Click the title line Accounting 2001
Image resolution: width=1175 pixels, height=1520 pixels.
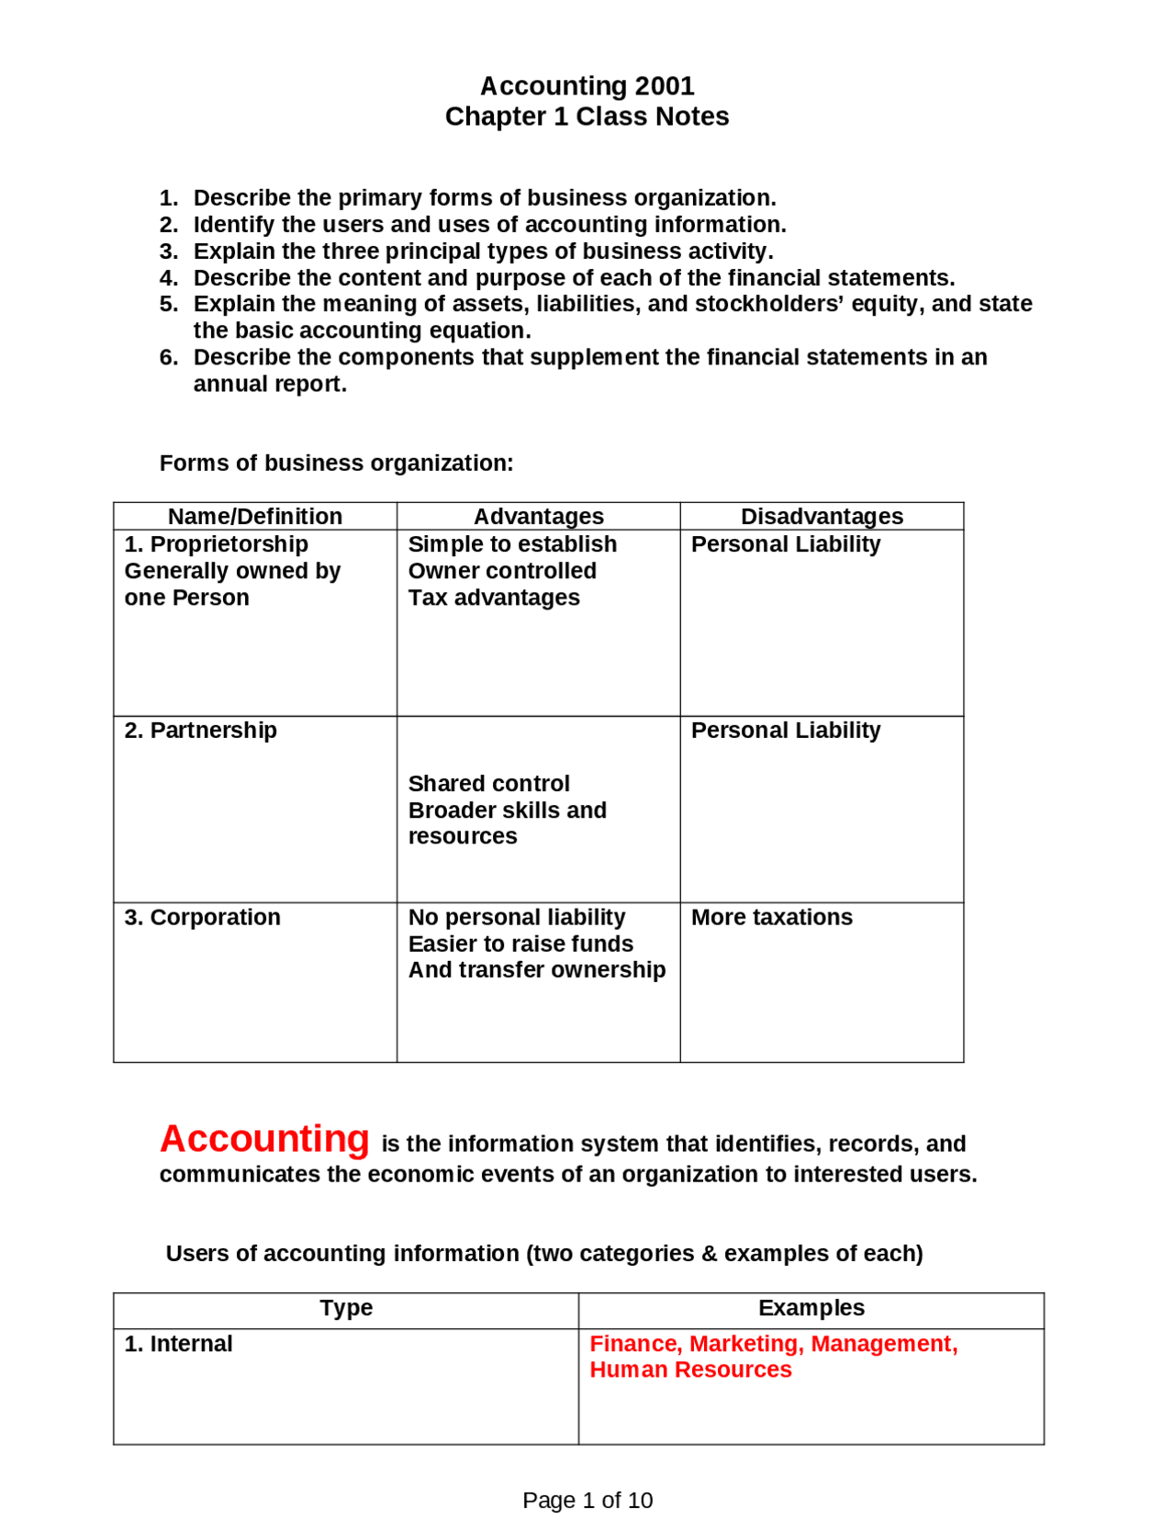[x=587, y=86]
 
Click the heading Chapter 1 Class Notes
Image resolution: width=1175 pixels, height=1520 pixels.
[x=587, y=117]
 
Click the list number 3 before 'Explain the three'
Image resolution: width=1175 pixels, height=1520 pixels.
[x=168, y=251]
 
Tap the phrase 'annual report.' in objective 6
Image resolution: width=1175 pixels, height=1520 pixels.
[x=270, y=384]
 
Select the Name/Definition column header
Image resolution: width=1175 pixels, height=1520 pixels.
[x=255, y=516]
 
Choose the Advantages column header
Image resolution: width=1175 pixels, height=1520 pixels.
[x=538, y=516]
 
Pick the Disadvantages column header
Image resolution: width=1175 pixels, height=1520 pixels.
[x=822, y=516]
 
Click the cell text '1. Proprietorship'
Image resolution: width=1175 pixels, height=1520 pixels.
[x=217, y=544]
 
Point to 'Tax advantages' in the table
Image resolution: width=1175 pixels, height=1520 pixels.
[x=494, y=598]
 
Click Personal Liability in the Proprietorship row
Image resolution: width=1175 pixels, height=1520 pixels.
[x=786, y=544]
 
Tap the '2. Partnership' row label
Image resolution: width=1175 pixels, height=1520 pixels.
[x=201, y=731]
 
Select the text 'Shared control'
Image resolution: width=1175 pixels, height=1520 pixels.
[x=488, y=784]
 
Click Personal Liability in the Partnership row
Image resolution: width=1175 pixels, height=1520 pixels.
[x=786, y=731]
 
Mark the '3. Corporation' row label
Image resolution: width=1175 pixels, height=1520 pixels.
[x=203, y=917]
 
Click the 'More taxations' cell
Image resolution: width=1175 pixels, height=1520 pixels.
[x=772, y=917]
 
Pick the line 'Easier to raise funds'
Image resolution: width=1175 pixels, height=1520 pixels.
[x=520, y=944]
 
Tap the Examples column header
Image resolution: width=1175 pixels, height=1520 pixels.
[x=811, y=1308]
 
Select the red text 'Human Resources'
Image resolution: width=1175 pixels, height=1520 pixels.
[x=690, y=1369]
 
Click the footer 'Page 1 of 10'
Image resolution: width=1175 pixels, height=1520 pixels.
[x=587, y=1500]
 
